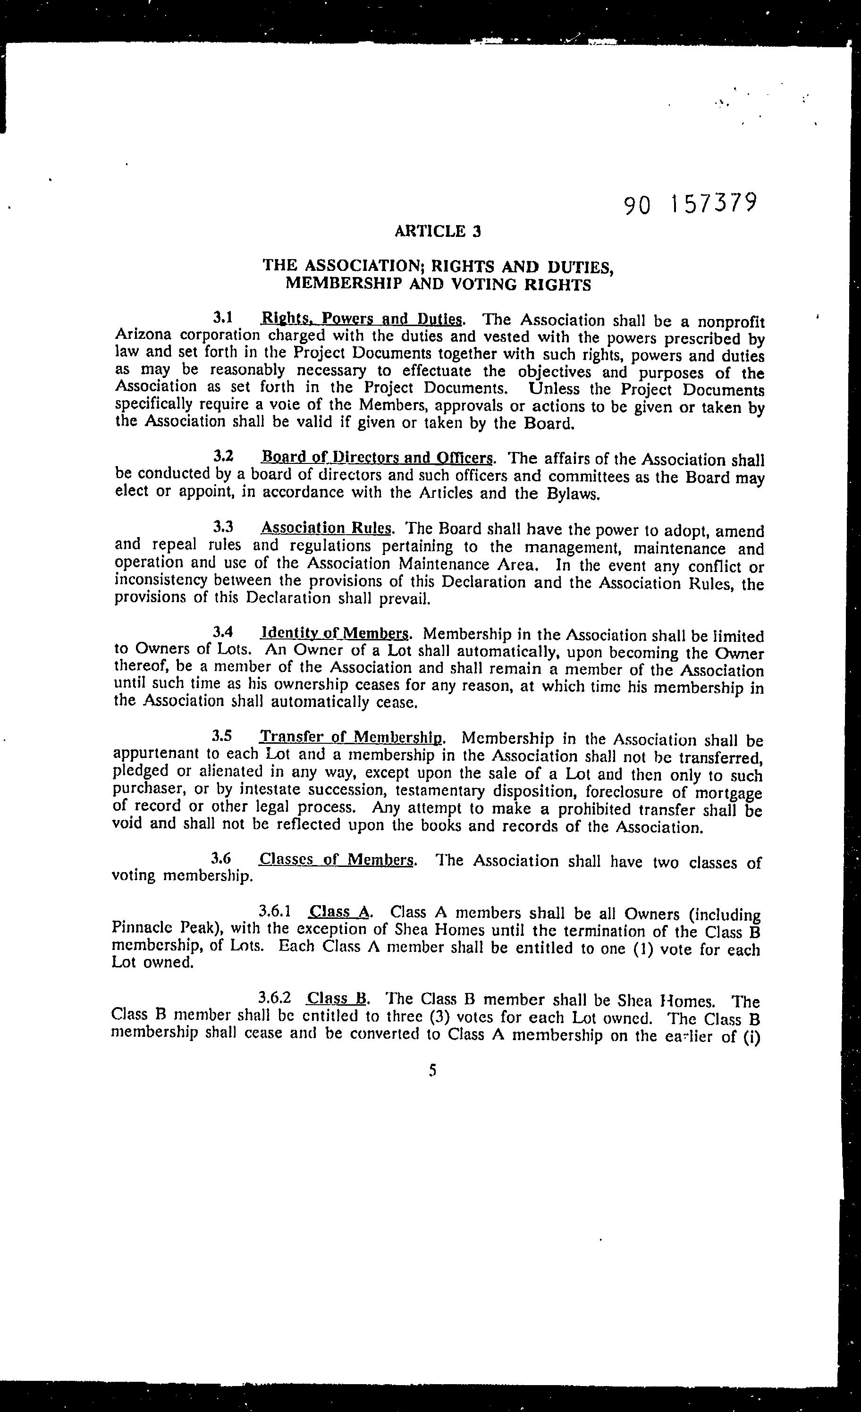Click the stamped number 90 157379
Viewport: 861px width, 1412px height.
pyautogui.click(x=690, y=204)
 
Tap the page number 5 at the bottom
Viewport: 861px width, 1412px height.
pyautogui.click(x=432, y=1070)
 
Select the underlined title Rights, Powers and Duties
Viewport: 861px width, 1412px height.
pyautogui.click(x=361, y=319)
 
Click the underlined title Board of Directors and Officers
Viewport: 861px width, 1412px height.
pyautogui.click(x=377, y=457)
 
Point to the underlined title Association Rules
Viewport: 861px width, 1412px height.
pyautogui.click(x=326, y=528)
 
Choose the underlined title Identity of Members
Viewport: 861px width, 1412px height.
pyautogui.click(x=335, y=633)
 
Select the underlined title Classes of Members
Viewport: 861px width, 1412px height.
pyautogui.click(x=337, y=859)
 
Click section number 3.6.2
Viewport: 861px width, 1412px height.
pyautogui.click(x=275, y=998)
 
